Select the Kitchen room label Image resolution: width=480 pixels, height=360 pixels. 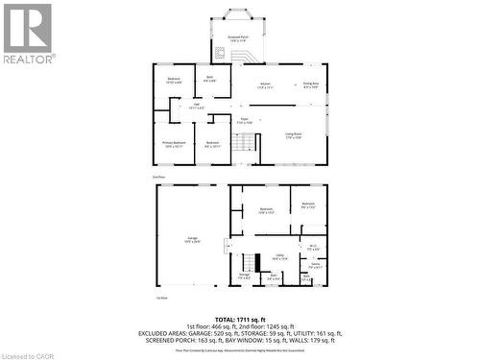click(264, 84)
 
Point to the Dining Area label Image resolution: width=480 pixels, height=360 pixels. click(310, 84)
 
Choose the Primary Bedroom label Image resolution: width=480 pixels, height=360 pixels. click(174, 144)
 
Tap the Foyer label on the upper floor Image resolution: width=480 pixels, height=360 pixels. click(245, 121)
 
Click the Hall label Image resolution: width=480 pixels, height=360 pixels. click(196, 106)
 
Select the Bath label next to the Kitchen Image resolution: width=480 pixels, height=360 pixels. click(210, 79)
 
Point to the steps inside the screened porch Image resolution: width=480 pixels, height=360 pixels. click(218, 53)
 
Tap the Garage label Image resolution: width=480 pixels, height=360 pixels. click(192, 239)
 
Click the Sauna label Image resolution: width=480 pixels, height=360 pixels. click(315, 266)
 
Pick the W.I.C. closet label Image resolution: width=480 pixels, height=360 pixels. click(313, 247)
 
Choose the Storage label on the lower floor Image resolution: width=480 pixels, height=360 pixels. click(244, 276)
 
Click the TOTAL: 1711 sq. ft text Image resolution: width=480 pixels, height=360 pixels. click(240, 317)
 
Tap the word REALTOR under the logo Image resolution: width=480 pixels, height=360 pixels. click(29, 59)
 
